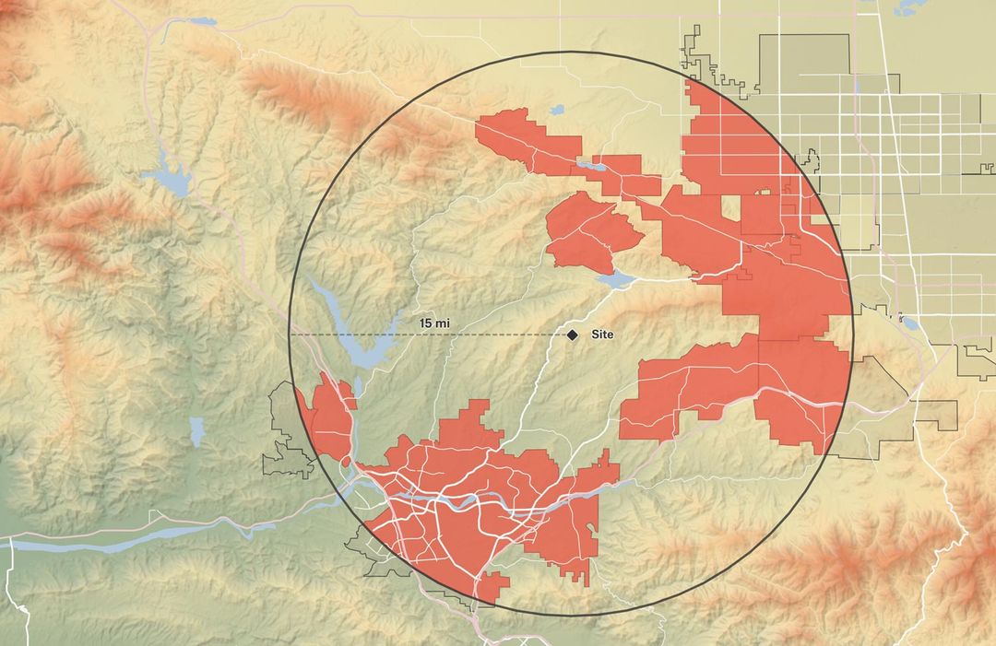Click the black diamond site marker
572,335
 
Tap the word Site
602,335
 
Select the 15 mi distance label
433,323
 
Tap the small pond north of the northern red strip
557,110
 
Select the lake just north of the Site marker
614,277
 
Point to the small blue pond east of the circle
907,323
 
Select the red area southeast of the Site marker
729,387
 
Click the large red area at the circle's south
461,498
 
